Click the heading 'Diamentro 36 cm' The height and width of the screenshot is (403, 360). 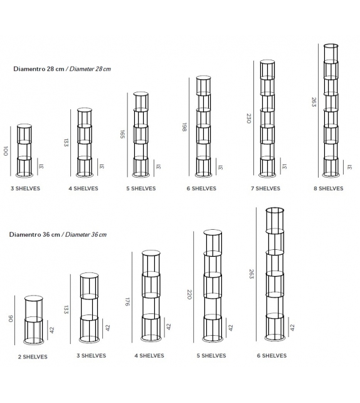(x=34, y=234)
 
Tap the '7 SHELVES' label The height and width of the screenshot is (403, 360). (x=266, y=188)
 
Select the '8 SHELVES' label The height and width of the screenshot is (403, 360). (x=329, y=188)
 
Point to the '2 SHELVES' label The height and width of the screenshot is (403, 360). (x=33, y=357)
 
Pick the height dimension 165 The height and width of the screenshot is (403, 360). (x=124, y=134)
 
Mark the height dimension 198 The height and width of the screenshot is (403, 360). (x=185, y=126)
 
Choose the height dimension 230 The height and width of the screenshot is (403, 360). (x=248, y=117)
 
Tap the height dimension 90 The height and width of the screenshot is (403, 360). (x=11, y=319)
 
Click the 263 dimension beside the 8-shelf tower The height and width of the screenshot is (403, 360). (x=314, y=102)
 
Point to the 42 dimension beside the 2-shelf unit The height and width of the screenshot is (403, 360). (x=53, y=330)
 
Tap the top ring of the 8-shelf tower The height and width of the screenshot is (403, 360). (x=331, y=46)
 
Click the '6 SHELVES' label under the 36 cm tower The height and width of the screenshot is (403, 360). (x=272, y=356)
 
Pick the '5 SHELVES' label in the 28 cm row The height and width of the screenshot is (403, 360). (x=140, y=188)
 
